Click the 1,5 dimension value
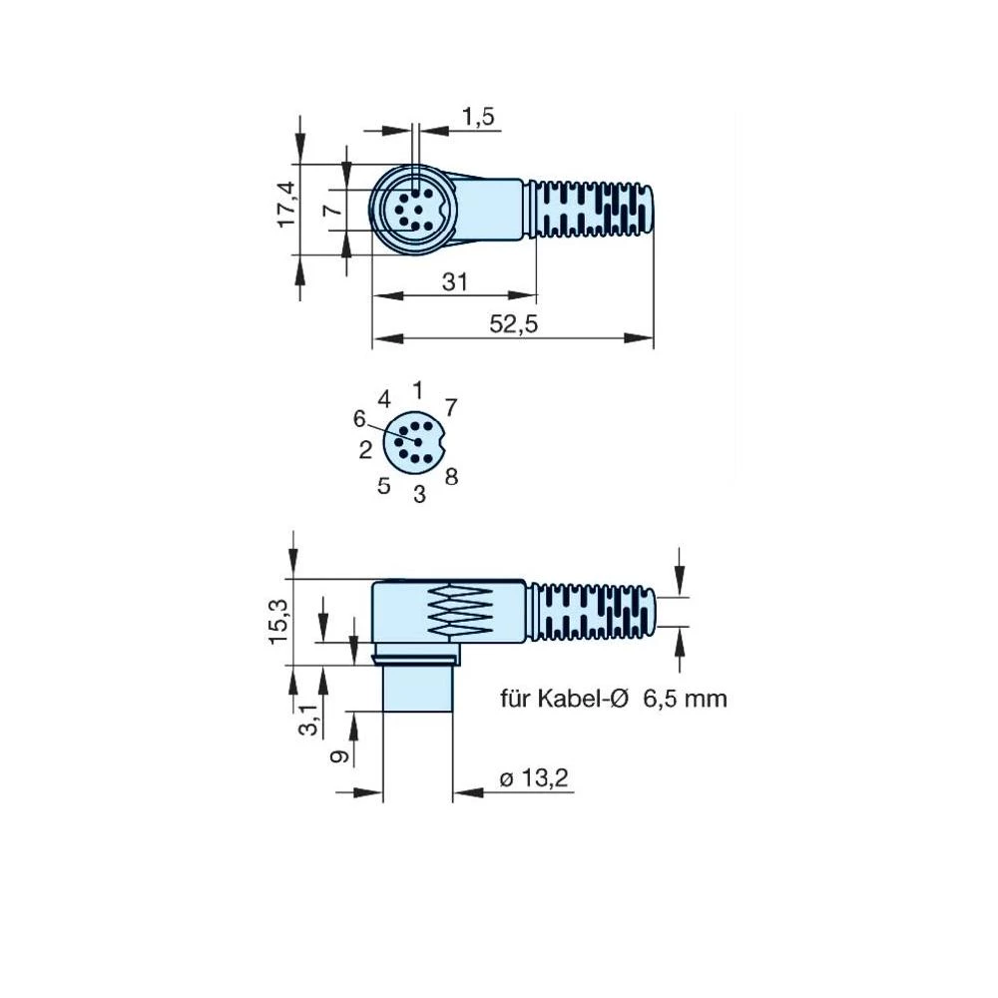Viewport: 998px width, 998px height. (x=478, y=116)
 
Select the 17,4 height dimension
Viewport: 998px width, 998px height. (x=286, y=205)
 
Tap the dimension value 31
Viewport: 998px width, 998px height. (x=454, y=282)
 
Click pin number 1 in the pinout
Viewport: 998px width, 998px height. (x=417, y=389)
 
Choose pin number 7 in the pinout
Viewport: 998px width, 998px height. (x=451, y=407)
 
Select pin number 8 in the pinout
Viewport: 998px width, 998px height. (x=451, y=477)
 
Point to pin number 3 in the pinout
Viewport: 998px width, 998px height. (x=419, y=493)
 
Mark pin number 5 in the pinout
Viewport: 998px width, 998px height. (x=384, y=486)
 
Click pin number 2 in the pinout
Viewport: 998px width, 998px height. (x=366, y=450)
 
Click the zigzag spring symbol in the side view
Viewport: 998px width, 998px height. (x=461, y=611)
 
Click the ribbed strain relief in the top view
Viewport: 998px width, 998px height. (x=594, y=210)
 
